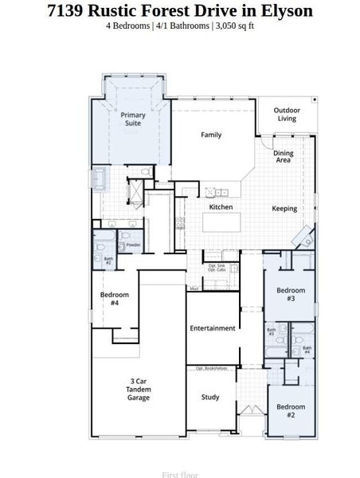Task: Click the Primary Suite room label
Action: (x=133, y=119)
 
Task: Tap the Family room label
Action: (x=211, y=135)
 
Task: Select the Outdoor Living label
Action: (x=286, y=115)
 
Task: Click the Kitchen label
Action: (x=221, y=207)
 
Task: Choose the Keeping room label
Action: (x=284, y=209)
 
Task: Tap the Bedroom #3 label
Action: (x=291, y=294)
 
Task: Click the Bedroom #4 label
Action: (x=109, y=299)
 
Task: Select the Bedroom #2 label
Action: (x=291, y=411)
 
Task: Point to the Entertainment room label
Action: (x=212, y=328)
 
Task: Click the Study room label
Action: (x=210, y=397)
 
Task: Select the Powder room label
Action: (x=133, y=245)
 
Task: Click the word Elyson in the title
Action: (x=284, y=10)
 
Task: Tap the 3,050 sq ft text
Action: (x=234, y=26)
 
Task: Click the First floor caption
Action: (x=179, y=475)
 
